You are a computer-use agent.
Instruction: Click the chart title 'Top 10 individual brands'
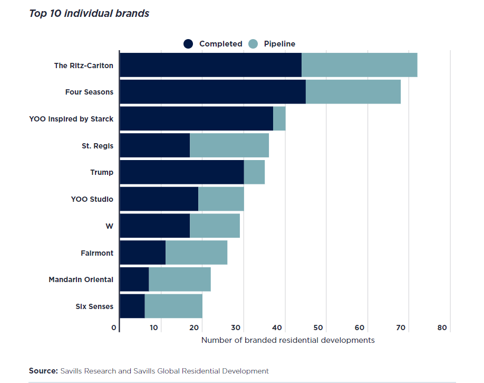pyautogui.click(x=89, y=14)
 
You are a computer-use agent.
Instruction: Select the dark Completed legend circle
pyautogui.click(x=189, y=44)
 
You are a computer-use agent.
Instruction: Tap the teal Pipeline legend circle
pyautogui.click(x=253, y=44)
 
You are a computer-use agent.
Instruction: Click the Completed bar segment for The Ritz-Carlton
pyautogui.click(x=210, y=65)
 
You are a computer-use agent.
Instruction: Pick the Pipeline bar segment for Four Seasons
pyautogui.click(x=353, y=92)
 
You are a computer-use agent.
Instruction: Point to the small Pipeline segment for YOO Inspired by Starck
pyautogui.click(x=279, y=119)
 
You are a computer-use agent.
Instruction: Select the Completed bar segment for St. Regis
pyautogui.click(x=154, y=145)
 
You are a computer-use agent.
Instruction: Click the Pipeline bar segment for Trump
pyautogui.click(x=254, y=172)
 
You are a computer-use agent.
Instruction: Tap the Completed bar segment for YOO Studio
pyautogui.click(x=159, y=199)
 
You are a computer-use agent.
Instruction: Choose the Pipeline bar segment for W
pyautogui.click(x=215, y=226)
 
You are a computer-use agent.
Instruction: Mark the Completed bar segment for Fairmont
pyautogui.click(x=142, y=253)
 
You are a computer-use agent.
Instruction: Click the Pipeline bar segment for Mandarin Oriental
pyautogui.click(x=179, y=279)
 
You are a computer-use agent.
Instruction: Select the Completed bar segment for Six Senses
pyautogui.click(x=132, y=306)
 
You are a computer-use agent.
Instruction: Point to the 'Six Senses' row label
pyautogui.click(x=94, y=306)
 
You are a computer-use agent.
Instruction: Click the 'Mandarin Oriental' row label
pyautogui.click(x=81, y=279)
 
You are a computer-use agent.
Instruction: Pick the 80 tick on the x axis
pyautogui.click(x=442, y=328)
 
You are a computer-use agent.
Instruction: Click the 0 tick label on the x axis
pyautogui.click(x=114, y=328)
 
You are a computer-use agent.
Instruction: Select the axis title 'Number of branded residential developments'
pyautogui.click(x=288, y=340)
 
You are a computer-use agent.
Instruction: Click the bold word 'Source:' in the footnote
pyautogui.click(x=43, y=371)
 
